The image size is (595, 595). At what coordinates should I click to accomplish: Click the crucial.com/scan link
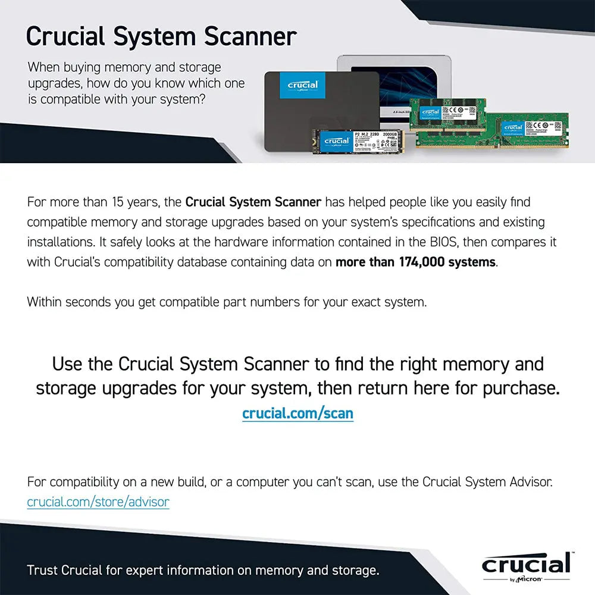pos(297,413)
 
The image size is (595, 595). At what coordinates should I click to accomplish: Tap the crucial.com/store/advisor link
pos(98,502)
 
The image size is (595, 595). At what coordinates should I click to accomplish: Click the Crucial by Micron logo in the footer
pos(525,566)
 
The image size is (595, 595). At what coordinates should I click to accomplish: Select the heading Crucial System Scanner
pos(161,36)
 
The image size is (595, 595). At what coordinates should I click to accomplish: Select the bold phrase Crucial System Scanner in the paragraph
pos(253,202)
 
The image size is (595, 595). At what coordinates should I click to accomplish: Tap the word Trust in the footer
pos(43,570)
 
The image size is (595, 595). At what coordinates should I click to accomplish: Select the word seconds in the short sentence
pos(89,302)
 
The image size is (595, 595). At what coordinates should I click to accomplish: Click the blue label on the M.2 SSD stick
pos(336,142)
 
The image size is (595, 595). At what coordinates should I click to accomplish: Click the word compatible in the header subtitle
pos(65,99)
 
